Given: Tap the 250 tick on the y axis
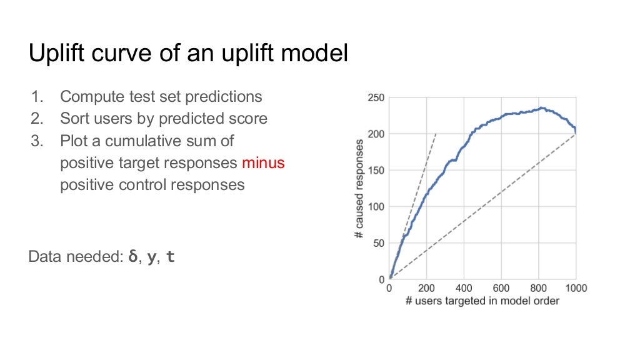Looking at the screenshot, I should click(x=376, y=98).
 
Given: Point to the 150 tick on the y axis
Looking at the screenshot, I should click(x=376, y=171).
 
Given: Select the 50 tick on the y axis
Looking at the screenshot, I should click(x=379, y=244).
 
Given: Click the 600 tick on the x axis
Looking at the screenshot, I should click(x=501, y=289).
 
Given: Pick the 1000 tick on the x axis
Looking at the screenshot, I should click(x=576, y=289).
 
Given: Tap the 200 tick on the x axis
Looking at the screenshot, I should click(x=426, y=289).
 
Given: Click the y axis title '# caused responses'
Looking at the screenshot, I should click(x=359, y=188).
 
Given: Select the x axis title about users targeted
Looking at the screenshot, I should click(x=482, y=301).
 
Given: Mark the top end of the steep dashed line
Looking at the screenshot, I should click(x=436, y=134).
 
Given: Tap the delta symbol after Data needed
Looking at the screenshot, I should click(x=132, y=257).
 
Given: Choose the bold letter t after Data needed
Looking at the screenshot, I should click(x=171, y=257).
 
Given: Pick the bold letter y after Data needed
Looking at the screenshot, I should click(x=151, y=257).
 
